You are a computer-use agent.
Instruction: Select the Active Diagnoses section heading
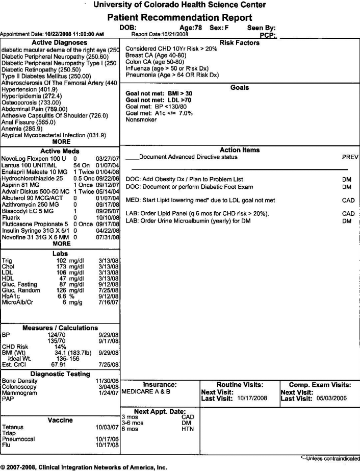click(x=60, y=42)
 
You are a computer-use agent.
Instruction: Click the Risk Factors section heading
click(x=239, y=43)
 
